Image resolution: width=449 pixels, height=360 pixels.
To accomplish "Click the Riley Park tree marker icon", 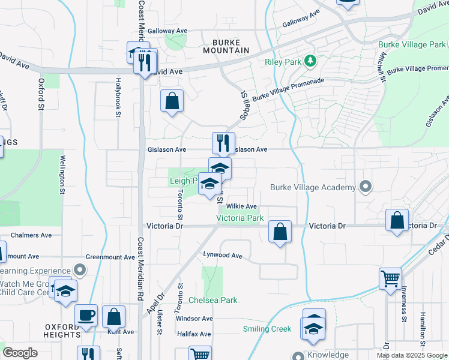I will click(x=310, y=61).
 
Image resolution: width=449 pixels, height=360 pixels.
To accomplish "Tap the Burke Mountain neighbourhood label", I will click(x=230, y=46).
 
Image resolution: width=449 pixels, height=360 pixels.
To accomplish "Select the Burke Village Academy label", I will click(x=313, y=188).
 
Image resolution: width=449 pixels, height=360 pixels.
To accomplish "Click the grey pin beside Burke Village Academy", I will click(x=364, y=187).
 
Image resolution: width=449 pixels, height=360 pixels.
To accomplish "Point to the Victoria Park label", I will click(x=240, y=218).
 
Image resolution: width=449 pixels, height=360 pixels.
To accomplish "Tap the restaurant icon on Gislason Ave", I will click(x=223, y=143).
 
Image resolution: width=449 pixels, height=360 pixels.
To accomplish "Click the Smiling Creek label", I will click(x=267, y=329).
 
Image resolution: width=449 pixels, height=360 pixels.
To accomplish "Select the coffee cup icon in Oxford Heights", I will click(x=86, y=316).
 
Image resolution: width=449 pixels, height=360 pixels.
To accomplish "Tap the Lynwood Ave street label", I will click(x=222, y=256).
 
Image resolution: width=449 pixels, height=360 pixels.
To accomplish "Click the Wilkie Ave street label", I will click(x=241, y=206).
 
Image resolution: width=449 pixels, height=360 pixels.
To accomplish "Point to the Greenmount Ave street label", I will click(x=110, y=257).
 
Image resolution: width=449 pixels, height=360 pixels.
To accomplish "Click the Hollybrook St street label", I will click(x=119, y=97).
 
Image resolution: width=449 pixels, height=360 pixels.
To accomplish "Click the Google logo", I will click(x=20, y=353).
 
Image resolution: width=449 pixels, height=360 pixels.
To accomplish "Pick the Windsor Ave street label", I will click(x=191, y=318).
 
